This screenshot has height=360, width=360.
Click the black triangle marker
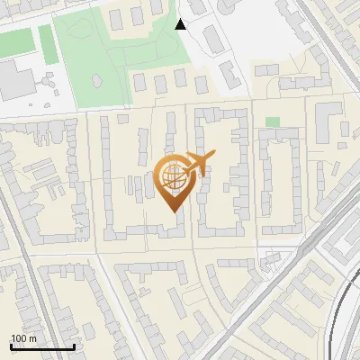[181, 23]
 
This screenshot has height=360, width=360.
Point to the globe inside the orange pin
[173, 179]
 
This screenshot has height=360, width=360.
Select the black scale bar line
[42, 347]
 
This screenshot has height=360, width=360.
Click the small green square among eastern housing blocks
[272, 121]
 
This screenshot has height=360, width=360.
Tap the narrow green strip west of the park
[48, 44]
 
